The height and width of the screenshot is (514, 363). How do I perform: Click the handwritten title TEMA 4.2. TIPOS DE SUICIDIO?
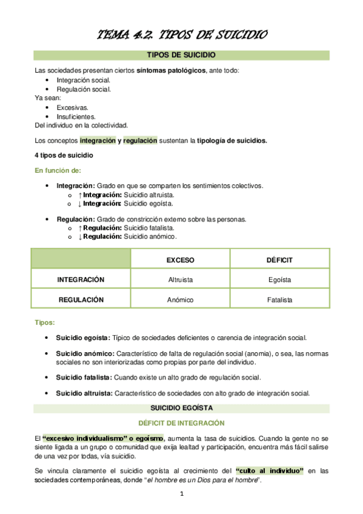[182, 35]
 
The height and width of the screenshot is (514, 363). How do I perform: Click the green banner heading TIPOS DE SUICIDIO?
[182, 56]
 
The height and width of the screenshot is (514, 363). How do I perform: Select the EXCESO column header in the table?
[180, 259]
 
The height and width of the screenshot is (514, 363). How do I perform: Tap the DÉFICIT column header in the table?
[279, 259]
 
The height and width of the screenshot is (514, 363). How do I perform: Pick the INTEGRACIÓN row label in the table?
[81, 279]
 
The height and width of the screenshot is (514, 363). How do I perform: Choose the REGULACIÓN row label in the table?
[81, 299]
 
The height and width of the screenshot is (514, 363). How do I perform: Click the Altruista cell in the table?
[180, 279]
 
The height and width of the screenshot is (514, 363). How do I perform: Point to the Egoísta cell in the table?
[279, 279]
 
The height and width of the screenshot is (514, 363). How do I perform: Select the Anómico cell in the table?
[180, 299]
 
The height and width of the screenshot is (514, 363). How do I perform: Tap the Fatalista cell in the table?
[279, 299]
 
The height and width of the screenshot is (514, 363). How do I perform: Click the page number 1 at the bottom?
[181, 495]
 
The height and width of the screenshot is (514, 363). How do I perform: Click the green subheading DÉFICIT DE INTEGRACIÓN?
[182, 422]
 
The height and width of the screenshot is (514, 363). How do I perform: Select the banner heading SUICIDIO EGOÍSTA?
[182, 408]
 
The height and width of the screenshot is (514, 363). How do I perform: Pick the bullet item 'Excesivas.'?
[72, 107]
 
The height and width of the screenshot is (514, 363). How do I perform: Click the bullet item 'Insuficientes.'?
[76, 116]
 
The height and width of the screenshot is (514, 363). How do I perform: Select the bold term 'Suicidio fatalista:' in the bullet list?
[83, 377]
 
